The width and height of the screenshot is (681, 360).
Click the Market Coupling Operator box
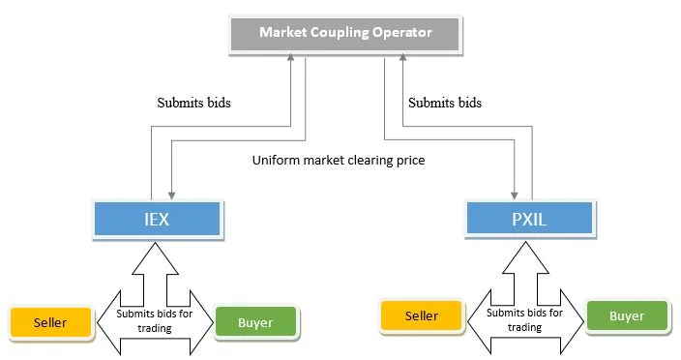point(344,33)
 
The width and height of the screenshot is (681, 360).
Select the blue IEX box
point(157,219)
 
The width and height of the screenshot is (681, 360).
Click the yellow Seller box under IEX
point(50,322)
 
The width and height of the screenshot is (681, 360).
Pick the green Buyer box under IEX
point(255,322)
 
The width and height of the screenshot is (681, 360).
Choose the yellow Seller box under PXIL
point(421,315)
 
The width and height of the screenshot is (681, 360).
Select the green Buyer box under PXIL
point(627,315)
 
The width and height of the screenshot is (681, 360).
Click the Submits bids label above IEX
point(193,102)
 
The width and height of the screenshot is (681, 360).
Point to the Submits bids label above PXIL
point(444,102)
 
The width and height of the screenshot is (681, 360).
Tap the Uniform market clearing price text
point(338,161)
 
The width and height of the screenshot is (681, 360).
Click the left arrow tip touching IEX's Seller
point(99,321)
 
